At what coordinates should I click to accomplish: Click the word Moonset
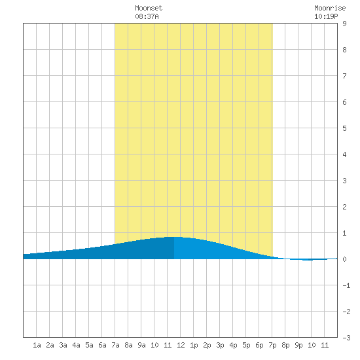tap(149, 8)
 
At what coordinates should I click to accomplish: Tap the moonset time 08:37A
tap(147, 16)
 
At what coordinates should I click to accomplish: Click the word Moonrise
tap(330, 8)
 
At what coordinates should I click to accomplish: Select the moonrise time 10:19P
tap(326, 16)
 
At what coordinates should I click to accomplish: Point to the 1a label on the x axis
tap(37, 345)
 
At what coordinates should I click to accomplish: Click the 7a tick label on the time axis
tap(115, 345)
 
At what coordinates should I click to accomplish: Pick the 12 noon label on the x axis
tap(181, 345)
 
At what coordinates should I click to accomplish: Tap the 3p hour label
tap(220, 345)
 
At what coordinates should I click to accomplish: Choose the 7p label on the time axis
tap(272, 345)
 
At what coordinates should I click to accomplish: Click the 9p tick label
tap(298, 345)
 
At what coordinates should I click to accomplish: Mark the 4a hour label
tap(76, 345)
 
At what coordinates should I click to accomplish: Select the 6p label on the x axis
tap(259, 345)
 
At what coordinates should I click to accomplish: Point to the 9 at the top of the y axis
tap(344, 24)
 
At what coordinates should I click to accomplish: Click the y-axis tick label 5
tap(344, 128)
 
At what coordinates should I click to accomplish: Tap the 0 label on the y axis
tap(344, 259)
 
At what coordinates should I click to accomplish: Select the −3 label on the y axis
tap(346, 338)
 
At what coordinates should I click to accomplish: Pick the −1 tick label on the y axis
tap(346, 285)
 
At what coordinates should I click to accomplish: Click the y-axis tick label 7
tap(344, 76)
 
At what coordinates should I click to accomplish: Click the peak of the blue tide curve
tap(174, 237)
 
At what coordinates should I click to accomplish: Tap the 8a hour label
tap(128, 345)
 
